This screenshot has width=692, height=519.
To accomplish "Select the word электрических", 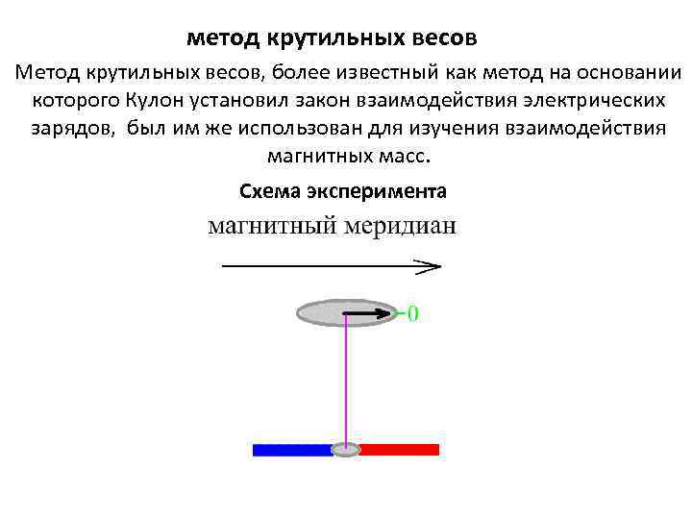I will coord(590,100).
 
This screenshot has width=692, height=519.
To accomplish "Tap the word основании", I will coord(626,73).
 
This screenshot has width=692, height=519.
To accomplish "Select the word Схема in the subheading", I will coord(269,191).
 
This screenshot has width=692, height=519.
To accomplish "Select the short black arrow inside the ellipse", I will coord(367,312).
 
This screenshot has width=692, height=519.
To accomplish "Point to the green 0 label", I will coord(412,313).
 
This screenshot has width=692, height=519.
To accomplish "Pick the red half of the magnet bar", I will coord(399,450).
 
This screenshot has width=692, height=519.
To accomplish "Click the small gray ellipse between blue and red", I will coord(345,450).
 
